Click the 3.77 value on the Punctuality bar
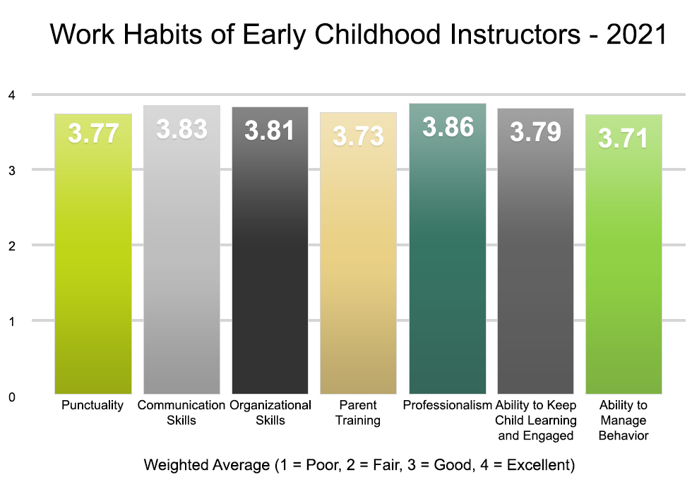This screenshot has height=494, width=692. point(93,133)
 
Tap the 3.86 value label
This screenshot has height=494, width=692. point(448,127)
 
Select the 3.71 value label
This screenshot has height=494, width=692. point(624,139)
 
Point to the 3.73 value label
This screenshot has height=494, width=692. point(358,136)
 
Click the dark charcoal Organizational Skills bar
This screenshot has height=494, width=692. point(270,268)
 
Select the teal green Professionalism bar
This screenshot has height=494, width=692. point(448,268)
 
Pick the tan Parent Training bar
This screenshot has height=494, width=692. point(358,268)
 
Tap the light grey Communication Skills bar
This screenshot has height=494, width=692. point(181,268)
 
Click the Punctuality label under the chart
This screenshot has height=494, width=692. point(93,406)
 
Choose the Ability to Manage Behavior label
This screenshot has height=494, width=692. point(623,421)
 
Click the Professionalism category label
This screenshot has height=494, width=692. point(448,406)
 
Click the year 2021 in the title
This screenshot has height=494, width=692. point(637,35)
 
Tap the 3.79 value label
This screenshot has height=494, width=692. point(536,132)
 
